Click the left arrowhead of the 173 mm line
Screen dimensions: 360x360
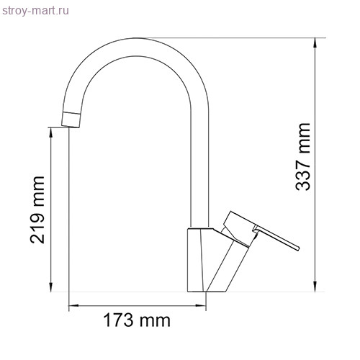[72, 308]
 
